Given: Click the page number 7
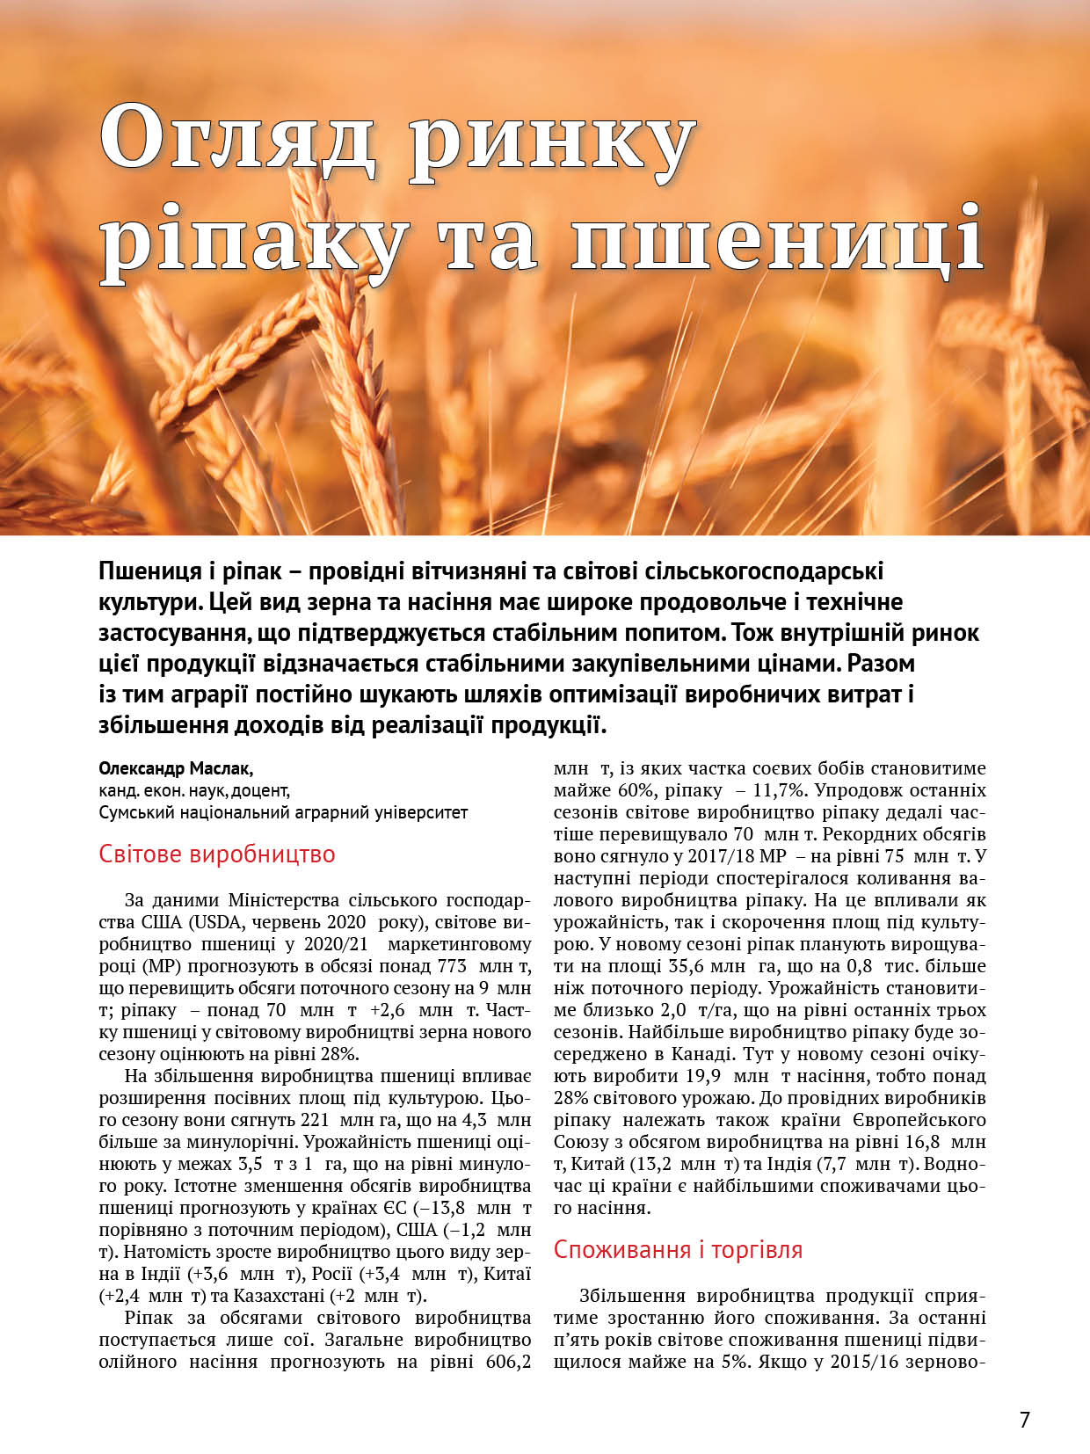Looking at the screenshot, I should (1024, 1419).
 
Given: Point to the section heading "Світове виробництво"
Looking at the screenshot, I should (217, 854).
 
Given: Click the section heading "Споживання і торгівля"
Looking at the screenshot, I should (678, 1249).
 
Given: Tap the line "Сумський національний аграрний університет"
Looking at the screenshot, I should (283, 812).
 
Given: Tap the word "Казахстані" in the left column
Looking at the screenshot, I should (279, 1296).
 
